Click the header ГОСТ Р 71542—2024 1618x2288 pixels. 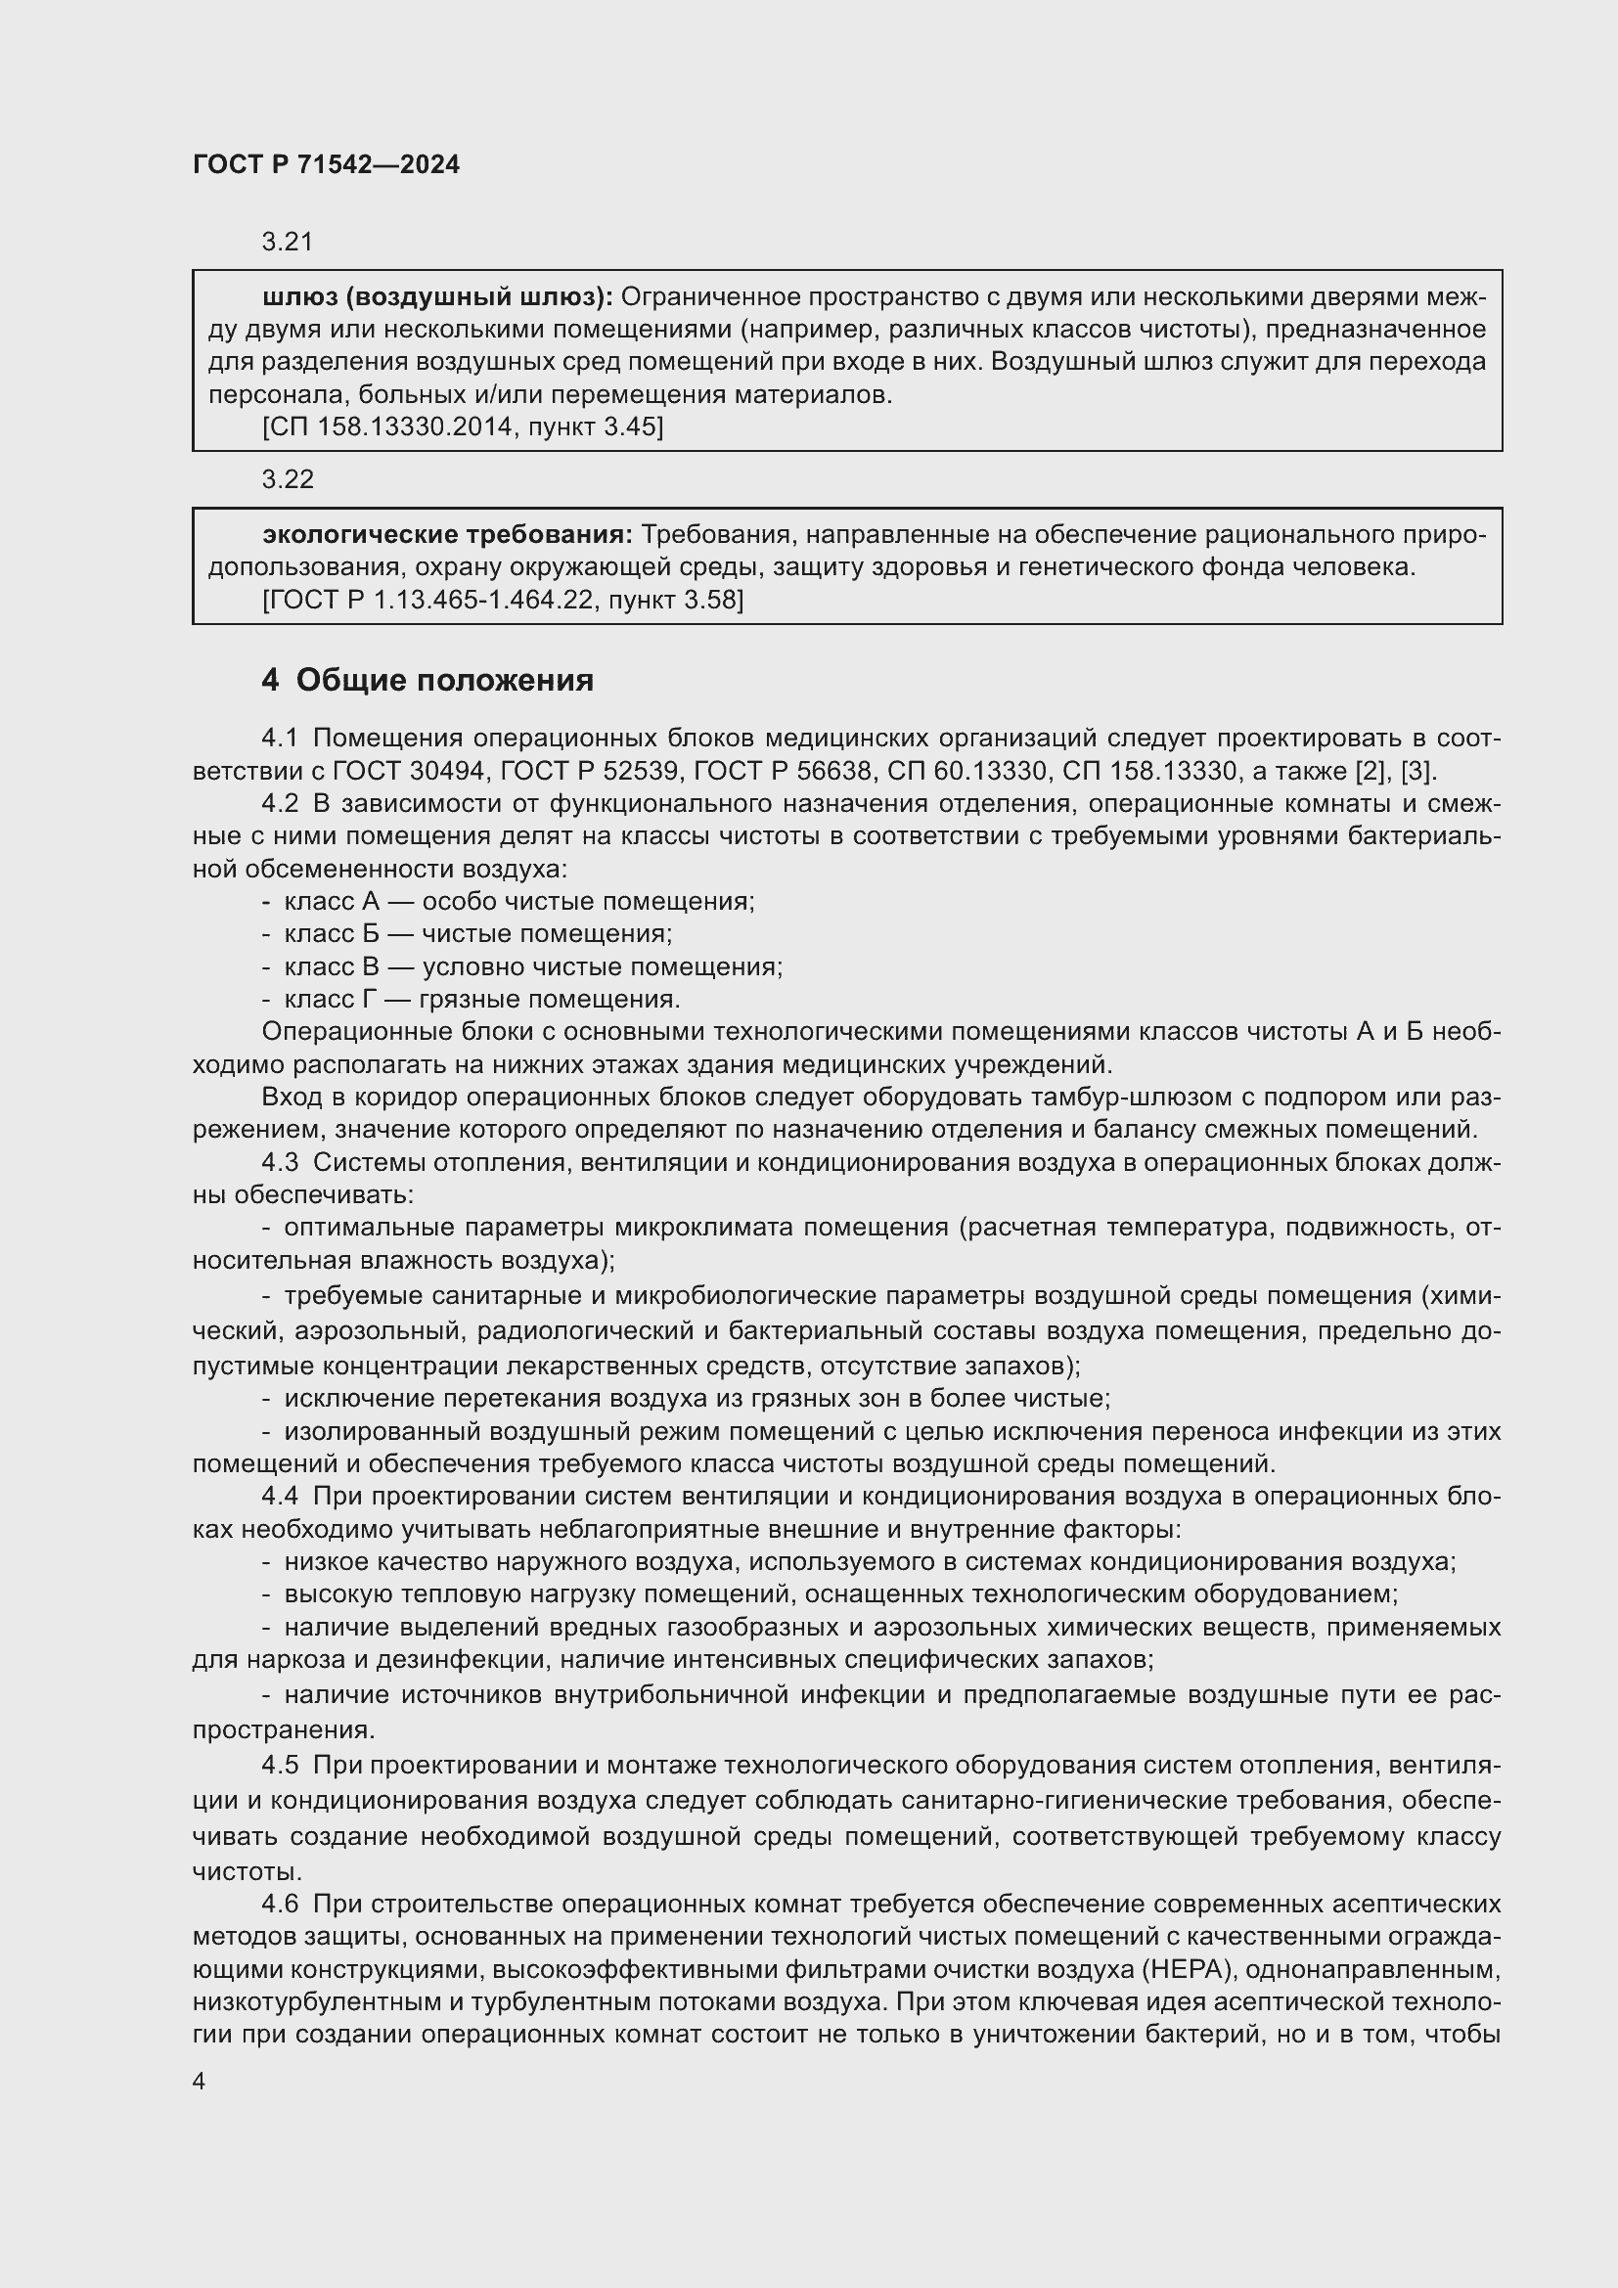[326, 164]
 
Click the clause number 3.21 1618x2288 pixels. [287, 242]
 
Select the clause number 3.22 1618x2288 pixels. [287, 479]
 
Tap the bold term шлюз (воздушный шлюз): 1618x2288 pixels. [437, 297]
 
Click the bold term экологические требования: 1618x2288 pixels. [447, 535]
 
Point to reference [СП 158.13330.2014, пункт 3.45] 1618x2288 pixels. [463, 427]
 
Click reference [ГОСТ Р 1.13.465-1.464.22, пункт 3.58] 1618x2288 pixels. [503, 600]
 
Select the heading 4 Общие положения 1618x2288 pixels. [427, 681]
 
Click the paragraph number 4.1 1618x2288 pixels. [280, 739]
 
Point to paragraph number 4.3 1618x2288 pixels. [280, 1163]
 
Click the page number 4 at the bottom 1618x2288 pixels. [200, 2082]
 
